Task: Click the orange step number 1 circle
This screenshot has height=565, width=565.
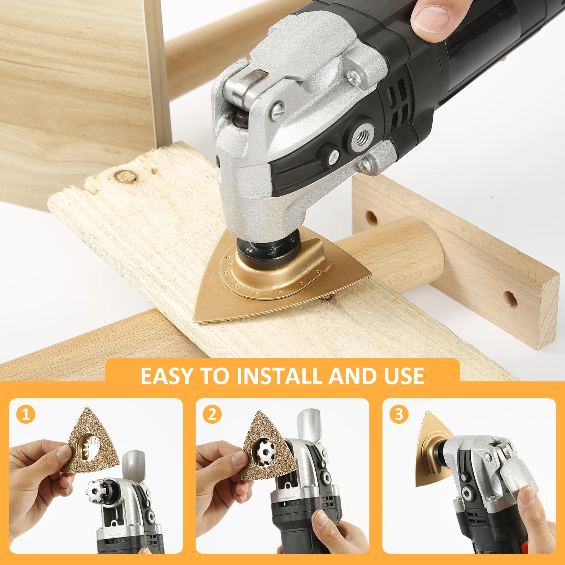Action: [x=26, y=414]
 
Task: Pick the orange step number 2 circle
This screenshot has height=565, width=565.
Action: [x=212, y=414]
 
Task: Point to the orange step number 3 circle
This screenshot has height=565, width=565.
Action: [x=399, y=414]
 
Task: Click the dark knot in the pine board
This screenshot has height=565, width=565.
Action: [x=125, y=176]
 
